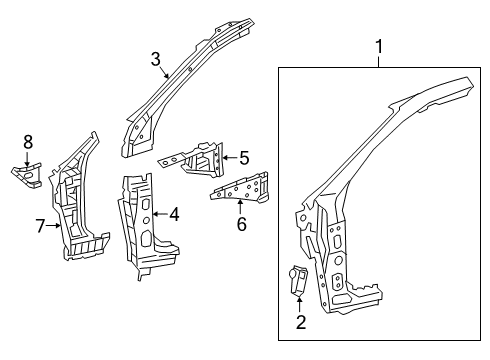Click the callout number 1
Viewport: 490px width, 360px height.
pos(379,45)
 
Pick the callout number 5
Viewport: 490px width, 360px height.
pos(243,156)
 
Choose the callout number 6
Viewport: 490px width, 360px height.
pos(241,224)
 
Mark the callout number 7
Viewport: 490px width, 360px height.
pos(41,226)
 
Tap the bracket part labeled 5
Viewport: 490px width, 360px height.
pos(205,158)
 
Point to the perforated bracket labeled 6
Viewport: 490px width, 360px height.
pos(240,187)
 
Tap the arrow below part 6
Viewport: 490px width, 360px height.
pos(241,207)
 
